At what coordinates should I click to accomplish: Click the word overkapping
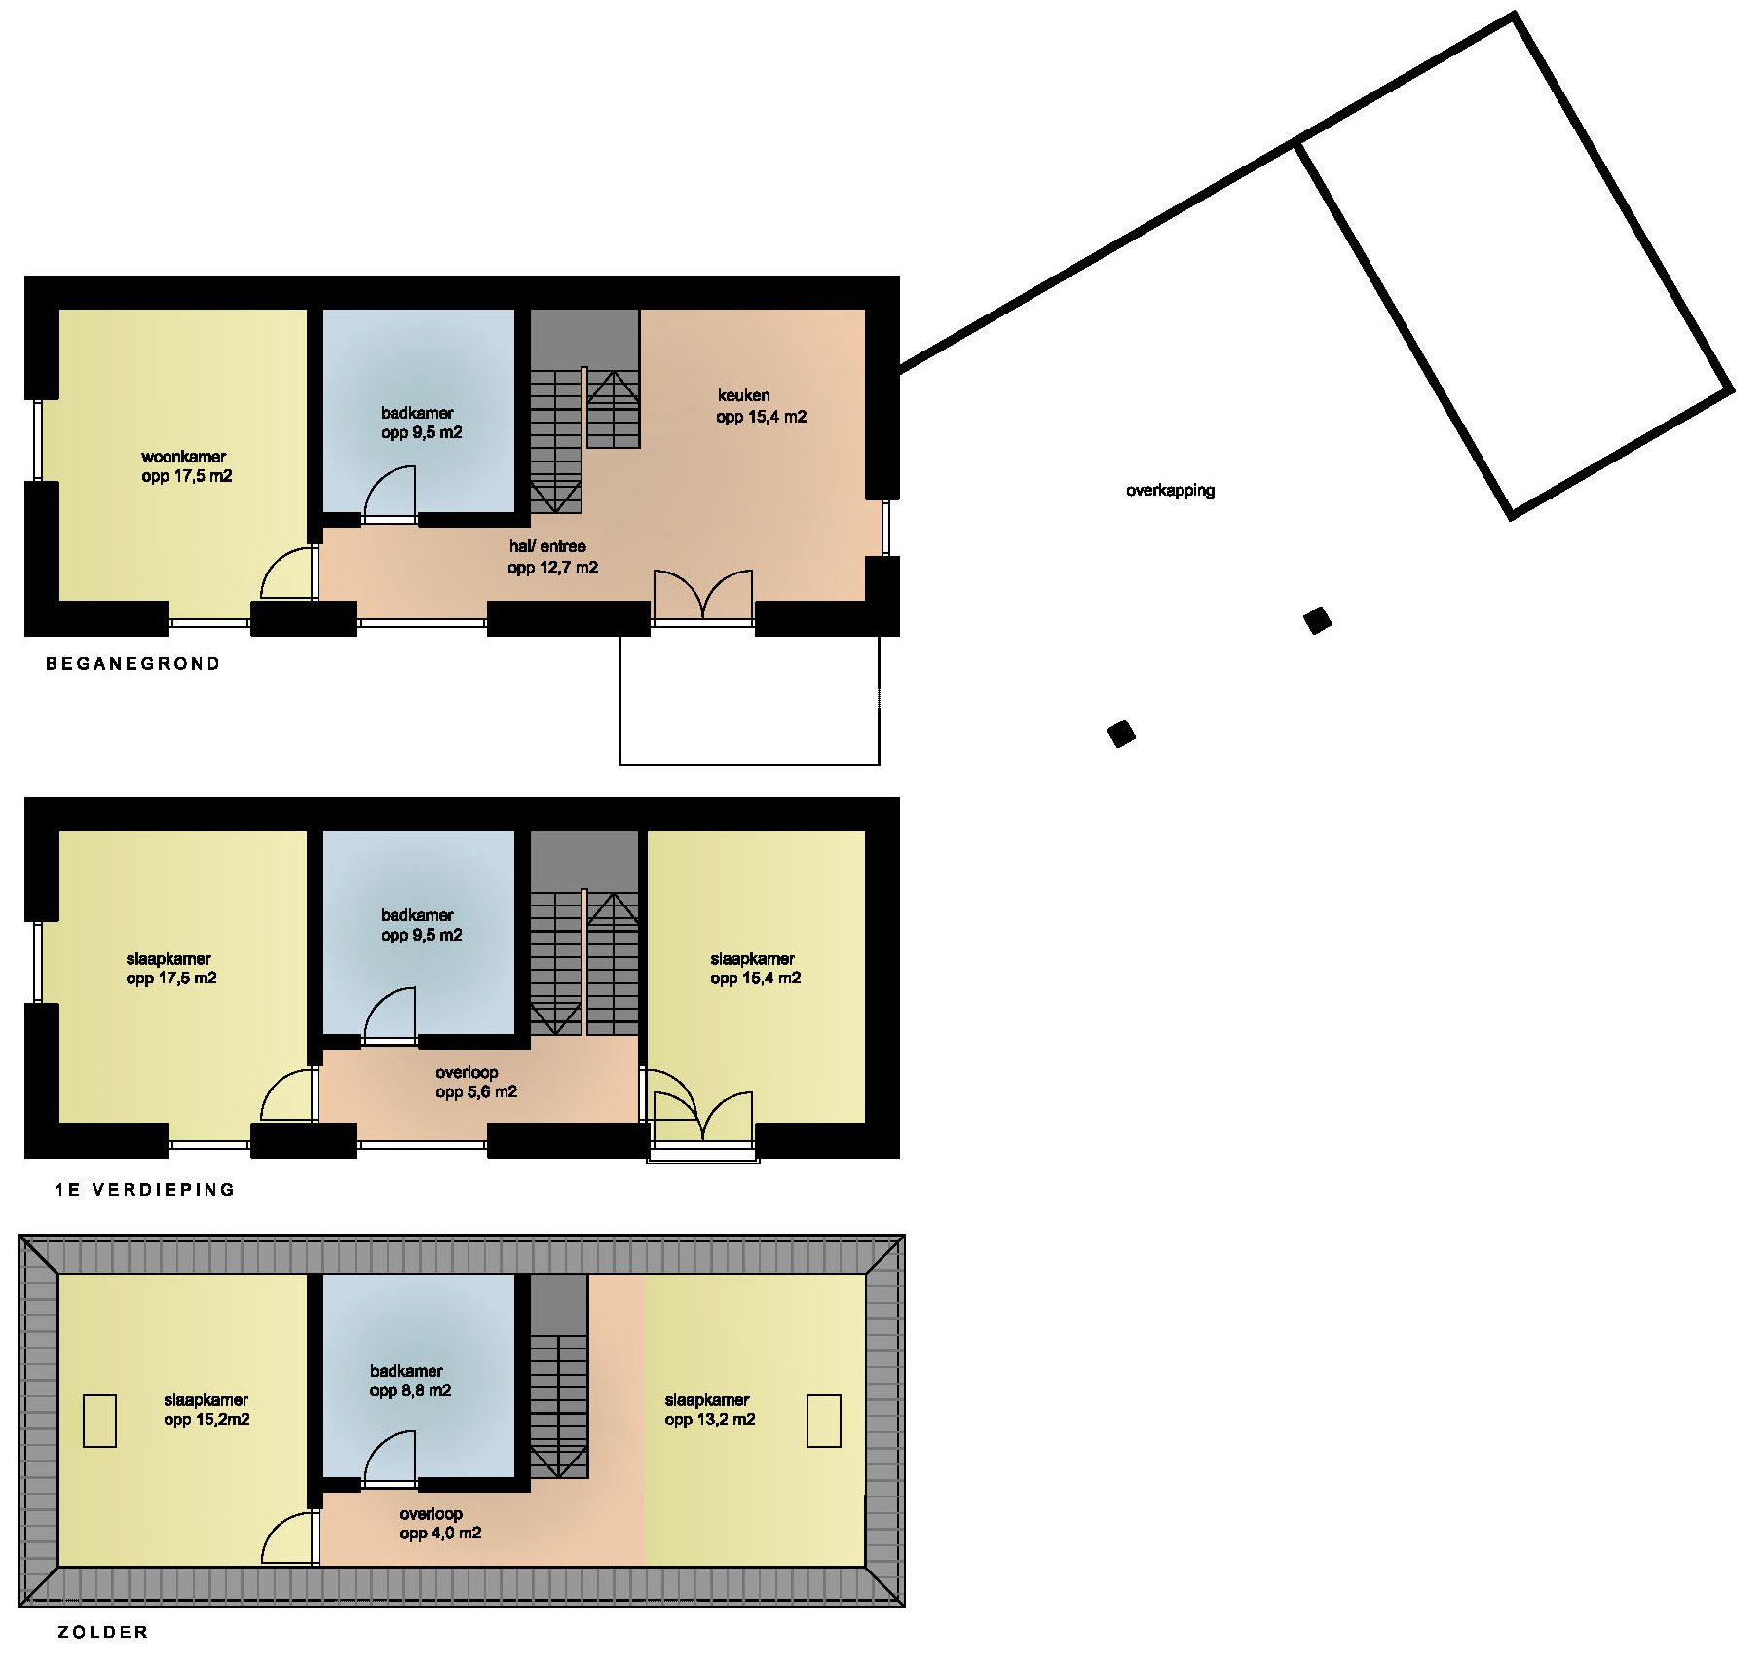tap(1170, 491)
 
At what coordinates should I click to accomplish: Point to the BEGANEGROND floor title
tap(133, 664)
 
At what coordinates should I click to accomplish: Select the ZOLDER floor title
tap(103, 1632)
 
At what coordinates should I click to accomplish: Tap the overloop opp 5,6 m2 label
tap(475, 1082)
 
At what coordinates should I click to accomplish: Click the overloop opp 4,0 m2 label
tap(440, 1524)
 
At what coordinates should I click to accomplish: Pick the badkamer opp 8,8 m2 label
tap(410, 1381)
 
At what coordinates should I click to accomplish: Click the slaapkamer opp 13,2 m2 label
tap(709, 1410)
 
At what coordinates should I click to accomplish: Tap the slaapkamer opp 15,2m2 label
tap(206, 1410)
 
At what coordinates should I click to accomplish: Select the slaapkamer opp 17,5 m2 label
tap(170, 968)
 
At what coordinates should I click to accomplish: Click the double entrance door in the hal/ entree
tap(702, 594)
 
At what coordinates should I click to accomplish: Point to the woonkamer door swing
tap(289, 573)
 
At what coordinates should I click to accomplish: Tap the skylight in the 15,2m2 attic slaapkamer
tap(99, 1421)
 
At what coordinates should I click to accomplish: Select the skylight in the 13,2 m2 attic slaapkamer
tap(824, 1421)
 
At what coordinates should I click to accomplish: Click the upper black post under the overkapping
tap(1318, 620)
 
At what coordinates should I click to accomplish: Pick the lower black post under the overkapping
tap(1122, 733)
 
